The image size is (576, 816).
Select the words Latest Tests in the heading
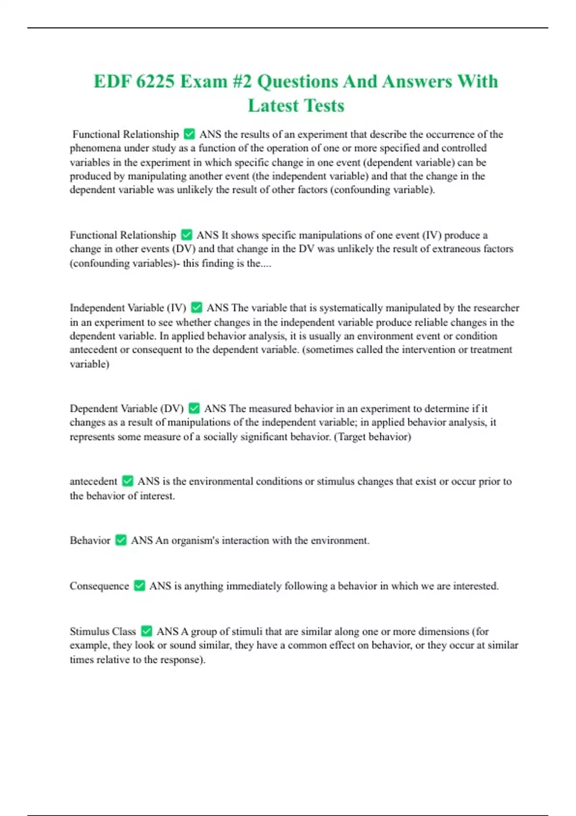pyautogui.click(x=296, y=106)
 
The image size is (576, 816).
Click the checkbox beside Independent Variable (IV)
pyautogui.click(x=196, y=307)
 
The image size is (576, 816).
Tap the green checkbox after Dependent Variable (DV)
pyautogui.click(x=194, y=408)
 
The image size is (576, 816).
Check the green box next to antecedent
pyautogui.click(x=128, y=480)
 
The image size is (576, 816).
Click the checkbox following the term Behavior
pyautogui.click(x=121, y=540)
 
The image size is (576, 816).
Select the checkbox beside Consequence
pyautogui.click(x=139, y=586)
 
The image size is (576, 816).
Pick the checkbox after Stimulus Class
pyautogui.click(x=146, y=631)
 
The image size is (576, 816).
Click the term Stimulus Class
pyautogui.click(x=103, y=631)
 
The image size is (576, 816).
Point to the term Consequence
pyautogui.click(x=99, y=586)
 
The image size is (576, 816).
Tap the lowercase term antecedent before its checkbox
pyautogui.click(x=93, y=481)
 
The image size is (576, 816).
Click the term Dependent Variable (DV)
pyautogui.click(x=127, y=408)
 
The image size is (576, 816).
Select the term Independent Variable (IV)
pyautogui.click(x=128, y=308)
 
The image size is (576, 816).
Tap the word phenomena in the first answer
pyautogui.click(x=95, y=148)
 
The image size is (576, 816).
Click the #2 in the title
pyautogui.click(x=241, y=82)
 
